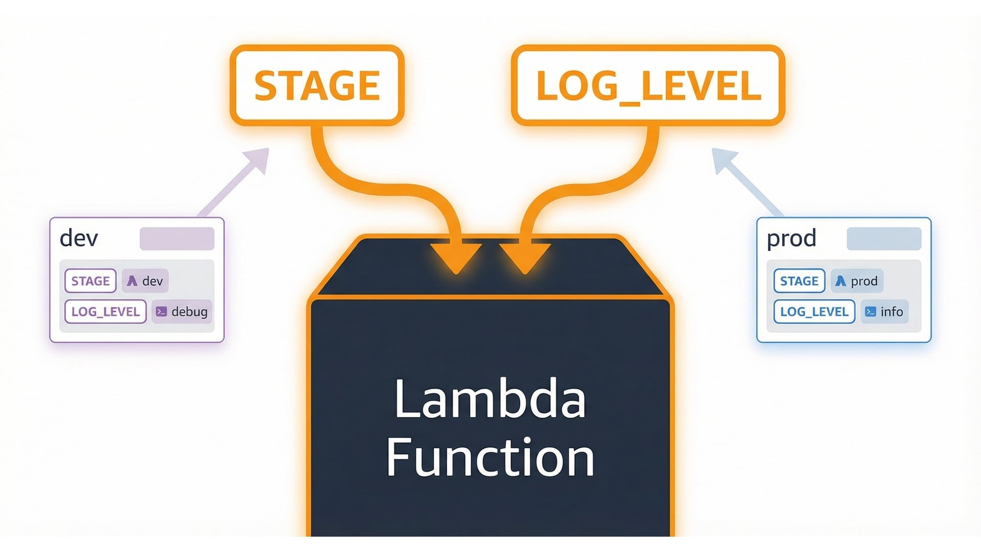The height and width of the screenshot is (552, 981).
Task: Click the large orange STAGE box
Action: pos(317,85)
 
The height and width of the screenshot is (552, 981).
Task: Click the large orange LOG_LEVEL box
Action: pos(648,85)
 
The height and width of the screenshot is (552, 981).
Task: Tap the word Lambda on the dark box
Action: pos(489,400)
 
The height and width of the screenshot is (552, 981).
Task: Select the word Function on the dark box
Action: pos(489,456)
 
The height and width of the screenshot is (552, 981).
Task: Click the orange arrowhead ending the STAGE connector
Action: pos(455,257)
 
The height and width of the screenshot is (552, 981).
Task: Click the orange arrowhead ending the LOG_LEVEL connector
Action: pos(525,257)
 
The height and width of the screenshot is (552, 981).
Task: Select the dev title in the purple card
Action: pos(79,238)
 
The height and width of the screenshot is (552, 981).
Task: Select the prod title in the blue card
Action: pos(791,238)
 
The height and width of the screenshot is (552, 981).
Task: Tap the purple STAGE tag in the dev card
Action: pos(90,281)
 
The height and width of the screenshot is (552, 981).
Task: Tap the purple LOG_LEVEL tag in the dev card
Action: pos(105,311)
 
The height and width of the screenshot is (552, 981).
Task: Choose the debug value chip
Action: pos(182,311)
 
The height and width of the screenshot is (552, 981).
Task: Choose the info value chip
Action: pos(884,311)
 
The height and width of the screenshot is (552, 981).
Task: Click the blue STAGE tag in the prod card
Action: pos(799,281)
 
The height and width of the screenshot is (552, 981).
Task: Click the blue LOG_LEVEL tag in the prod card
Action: pos(814,311)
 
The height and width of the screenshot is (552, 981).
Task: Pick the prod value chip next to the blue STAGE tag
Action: pos(857,281)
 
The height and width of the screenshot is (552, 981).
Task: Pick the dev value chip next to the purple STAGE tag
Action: pos(145,281)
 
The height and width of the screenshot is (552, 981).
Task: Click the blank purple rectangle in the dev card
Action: pos(177,239)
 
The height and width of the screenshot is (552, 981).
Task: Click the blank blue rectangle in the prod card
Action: pos(884,239)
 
